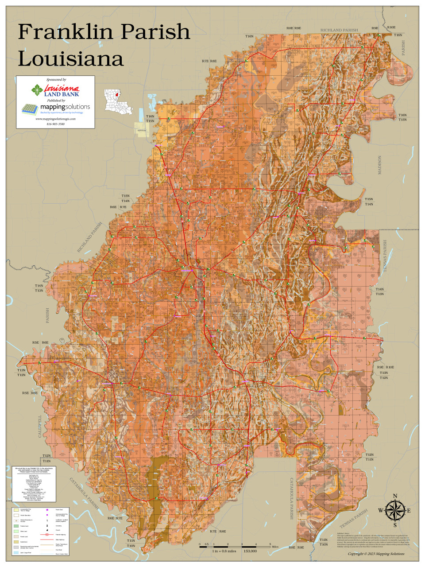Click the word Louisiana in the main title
pos(71,58)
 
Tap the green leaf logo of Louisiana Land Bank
pos(37,90)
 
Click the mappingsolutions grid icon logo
pos(30,109)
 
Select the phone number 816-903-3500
pos(55,124)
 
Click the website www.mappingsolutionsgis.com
pos(55,119)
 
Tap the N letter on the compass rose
pos(395,496)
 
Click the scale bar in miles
pos(235,547)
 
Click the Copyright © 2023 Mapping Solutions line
pos(376,554)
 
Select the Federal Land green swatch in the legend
pos(16,526)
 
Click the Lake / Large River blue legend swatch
pos(16,553)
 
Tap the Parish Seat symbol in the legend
pos(46,510)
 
